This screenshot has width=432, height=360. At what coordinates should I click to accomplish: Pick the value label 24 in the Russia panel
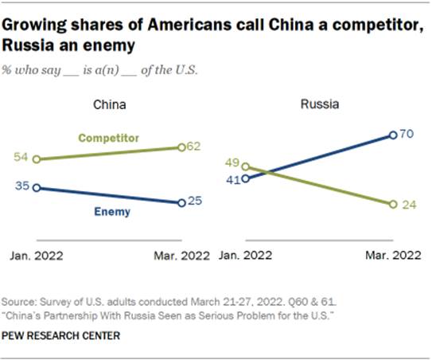tap(409, 205)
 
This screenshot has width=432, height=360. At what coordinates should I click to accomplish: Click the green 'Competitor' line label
tap(109, 138)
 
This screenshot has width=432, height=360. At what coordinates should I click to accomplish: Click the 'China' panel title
tap(110, 104)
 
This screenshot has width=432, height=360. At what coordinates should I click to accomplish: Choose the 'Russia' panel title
tap(317, 104)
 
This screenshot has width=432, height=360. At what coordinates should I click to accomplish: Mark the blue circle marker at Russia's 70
tap(394, 135)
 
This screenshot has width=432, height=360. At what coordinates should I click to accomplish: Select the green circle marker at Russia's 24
tap(394, 205)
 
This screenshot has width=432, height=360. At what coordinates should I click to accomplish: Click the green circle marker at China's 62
tap(181, 147)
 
